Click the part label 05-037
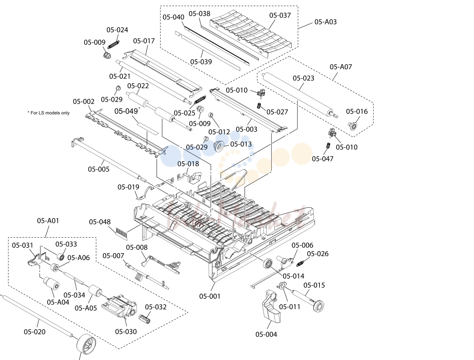pos(280,15)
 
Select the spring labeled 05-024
pos(113,44)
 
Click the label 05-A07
pos(341,67)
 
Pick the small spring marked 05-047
pos(328,146)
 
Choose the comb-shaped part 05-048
pos(122,232)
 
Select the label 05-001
pos(210,296)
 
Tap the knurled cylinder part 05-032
pos(145,319)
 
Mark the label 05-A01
pos(48,221)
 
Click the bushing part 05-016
pos(352,126)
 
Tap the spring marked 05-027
pos(259,106)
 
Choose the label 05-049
pos(126,111)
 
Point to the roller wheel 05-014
pos(267,264)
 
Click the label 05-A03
pos(325,22)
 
